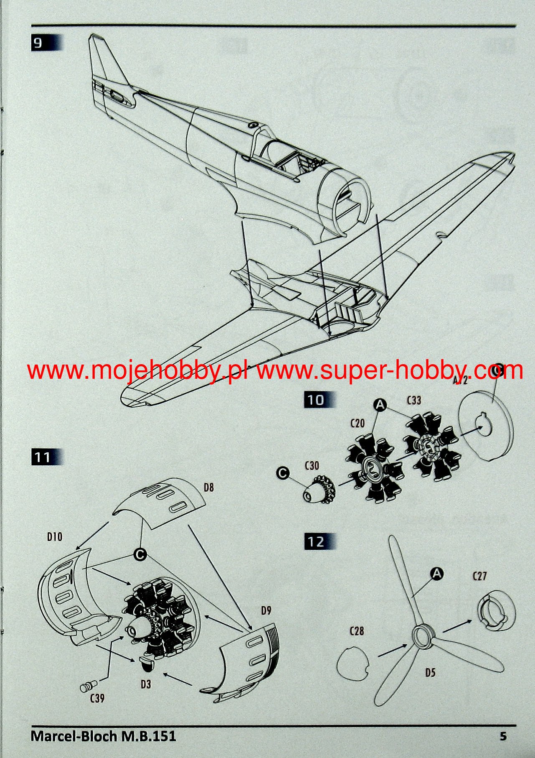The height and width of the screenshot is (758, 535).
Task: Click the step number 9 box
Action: pyautogui.click(x=38, y=43)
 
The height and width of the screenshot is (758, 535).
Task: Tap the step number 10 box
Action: pyautogui.click(x=316, y=400)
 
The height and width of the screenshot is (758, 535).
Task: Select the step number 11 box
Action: pyautogui.click(x=43, y=457)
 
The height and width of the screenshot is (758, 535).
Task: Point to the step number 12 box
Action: pyautogui.click(x=316, y=541)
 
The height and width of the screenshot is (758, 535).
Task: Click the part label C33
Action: pyautogui.click(x=413, y=400)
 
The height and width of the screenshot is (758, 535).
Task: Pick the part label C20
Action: pyautogui.click(x=358, y=423)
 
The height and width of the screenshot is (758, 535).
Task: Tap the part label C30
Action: pyautogui.click(x=312, y=465)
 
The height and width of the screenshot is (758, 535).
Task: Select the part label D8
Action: pyautogui.click(x=209, y=487)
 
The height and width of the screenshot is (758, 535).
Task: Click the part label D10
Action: pyautogui.click(x=54, y=536)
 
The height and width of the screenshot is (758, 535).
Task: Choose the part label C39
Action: pyautogui.click(x=97, y=698)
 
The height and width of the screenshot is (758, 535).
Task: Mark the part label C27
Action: pyautogui.click(x=480, y=576)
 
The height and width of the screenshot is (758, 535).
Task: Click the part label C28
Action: pyautogui.click(x=356, y=630)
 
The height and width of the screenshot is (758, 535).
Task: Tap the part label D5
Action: pyautogui.click(x=430, y=672)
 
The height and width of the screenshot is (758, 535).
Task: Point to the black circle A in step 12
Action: pyautogui.click(x=437, y=574)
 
